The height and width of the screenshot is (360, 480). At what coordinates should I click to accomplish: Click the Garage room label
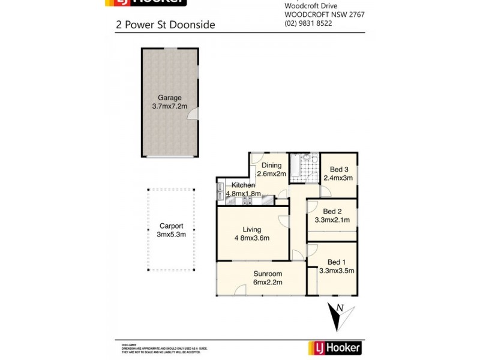[x=169, y=98]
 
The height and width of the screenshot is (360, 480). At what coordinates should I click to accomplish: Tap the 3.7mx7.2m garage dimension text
[x=169, y=106]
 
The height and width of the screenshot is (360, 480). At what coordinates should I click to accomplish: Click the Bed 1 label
[x=336, y=262]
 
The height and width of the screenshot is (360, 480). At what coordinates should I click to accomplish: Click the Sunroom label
[x=267, y=274]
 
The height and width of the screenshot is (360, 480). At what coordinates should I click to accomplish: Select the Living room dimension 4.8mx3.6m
[x=251, y=238]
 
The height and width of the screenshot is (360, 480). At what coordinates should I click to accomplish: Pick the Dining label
[x=271, y=166]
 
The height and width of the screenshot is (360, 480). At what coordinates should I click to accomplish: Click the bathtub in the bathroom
[x=296, y=168]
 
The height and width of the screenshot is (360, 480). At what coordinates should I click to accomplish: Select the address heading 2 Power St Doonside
[x=165, y=25]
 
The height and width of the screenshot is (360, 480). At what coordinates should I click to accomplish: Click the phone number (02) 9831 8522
[x=308, y=23]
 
